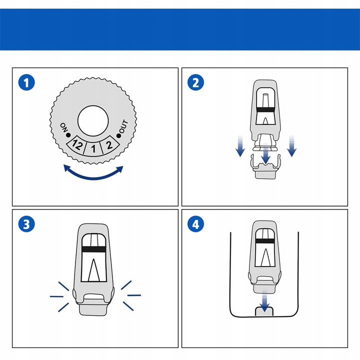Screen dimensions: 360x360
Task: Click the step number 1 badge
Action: (x=26, y=82)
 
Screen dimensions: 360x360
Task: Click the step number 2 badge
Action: (x=195, y=82)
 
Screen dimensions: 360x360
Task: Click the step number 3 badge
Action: (x=26, y=224)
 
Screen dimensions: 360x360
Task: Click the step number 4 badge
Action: (x=195, y=224)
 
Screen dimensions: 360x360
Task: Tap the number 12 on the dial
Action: (x=76, y=145)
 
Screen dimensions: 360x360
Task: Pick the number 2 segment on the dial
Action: (x=109, y=145)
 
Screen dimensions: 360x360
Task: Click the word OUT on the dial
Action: (x=123, y=126)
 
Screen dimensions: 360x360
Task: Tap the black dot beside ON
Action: (x=68, y=135)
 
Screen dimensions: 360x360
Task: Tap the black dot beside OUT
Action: (x=118, y=136)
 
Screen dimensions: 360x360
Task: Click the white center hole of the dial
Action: (x=93, y=121)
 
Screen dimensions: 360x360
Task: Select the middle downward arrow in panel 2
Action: (x=265, y=153)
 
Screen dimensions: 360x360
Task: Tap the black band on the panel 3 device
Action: (x=93, y=249)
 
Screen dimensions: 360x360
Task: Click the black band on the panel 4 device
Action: (x=264, y=241)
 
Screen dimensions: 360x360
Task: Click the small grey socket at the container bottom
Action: (x=264, y=311)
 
